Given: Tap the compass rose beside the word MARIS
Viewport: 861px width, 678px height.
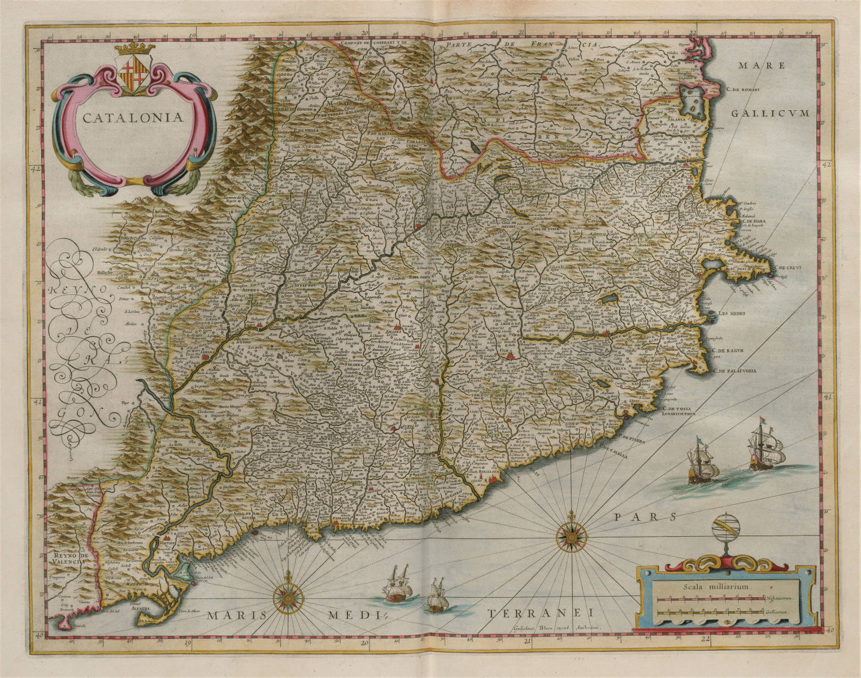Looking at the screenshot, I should point(289,598).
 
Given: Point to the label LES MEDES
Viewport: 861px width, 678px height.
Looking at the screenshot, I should point(732,314).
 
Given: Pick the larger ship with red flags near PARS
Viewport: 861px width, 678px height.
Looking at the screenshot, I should point(767,450).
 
